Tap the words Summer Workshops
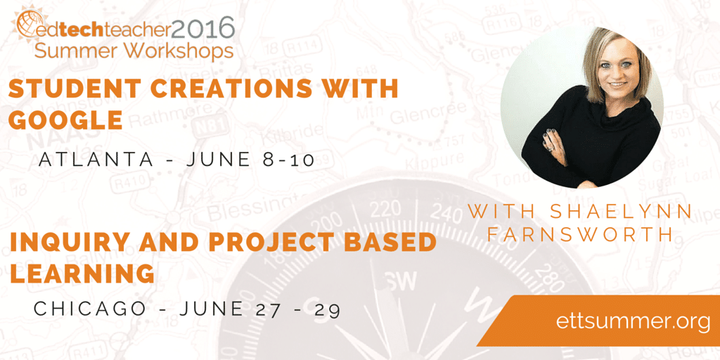(134, 51)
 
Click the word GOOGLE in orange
(65, 120)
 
